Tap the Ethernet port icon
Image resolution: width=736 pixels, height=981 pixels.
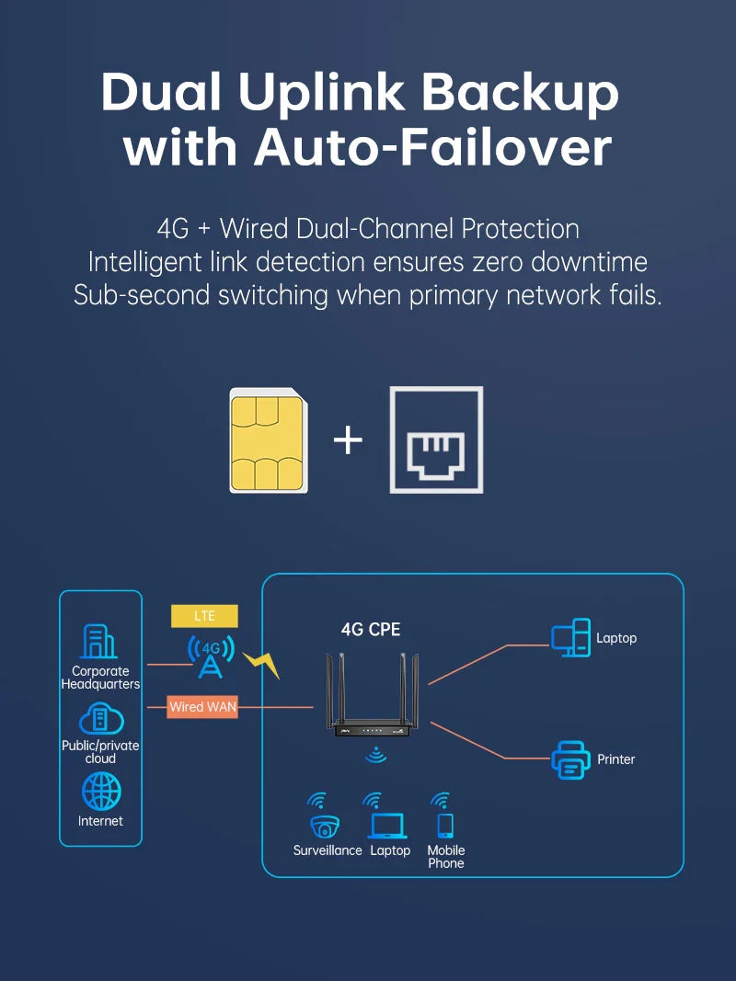coord(436,439)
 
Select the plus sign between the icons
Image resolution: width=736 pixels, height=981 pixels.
coord(349,440)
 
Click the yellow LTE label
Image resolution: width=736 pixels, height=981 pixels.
coord(204,616)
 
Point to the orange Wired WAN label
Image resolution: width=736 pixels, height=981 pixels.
coord(202,707)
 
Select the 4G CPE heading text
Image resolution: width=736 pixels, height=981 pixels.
coord(371,630)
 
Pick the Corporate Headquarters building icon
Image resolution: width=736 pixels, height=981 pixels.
coord(100,642)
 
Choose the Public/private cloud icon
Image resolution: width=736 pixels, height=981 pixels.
coord(101,718)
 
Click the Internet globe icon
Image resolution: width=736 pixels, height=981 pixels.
coord(100,792)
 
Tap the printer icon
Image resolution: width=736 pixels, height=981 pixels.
coord(570,759)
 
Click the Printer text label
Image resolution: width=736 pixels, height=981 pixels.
coord(616,759)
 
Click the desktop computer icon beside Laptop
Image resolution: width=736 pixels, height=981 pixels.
coord(570,638)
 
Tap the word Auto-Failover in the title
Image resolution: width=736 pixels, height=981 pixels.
coord(433,147)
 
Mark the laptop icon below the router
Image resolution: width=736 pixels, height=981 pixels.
coord(388,825)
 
